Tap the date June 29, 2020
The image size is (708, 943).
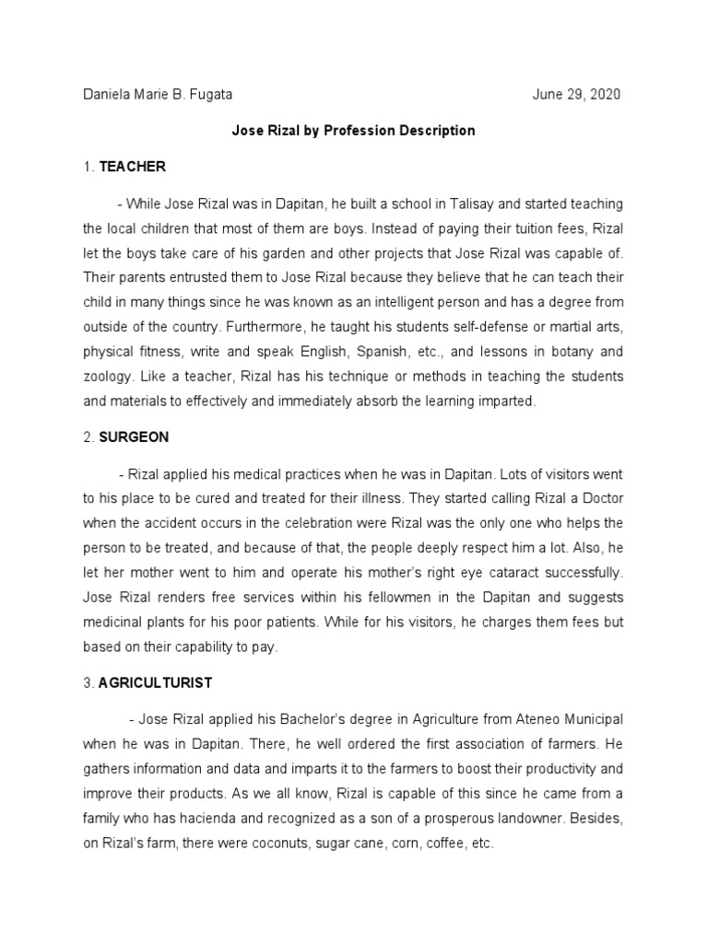tap(577, 95)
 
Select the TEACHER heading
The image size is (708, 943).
tap(133, 167)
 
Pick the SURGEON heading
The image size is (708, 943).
tap(135, 437)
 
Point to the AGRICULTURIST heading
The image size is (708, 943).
tap(156, 683)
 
